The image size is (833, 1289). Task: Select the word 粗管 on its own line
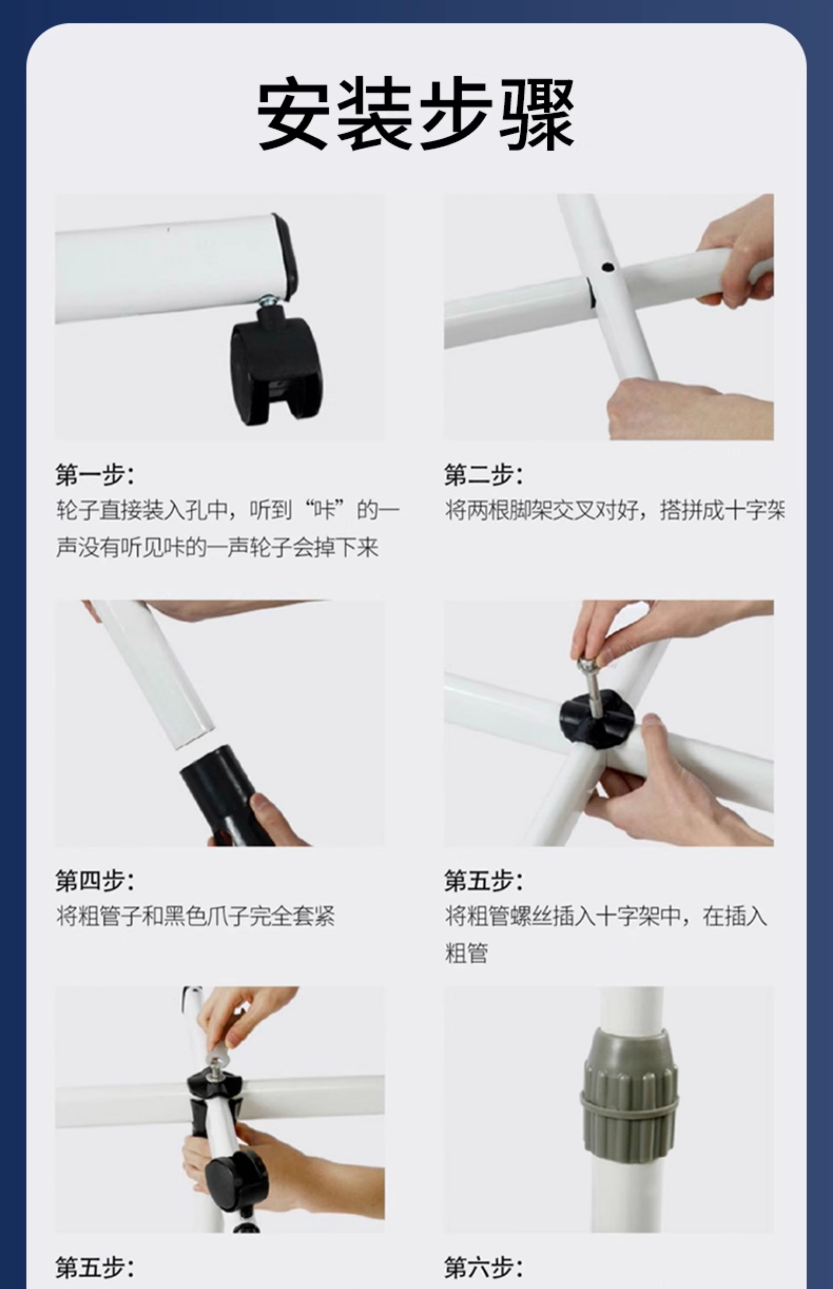pos(466,954)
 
